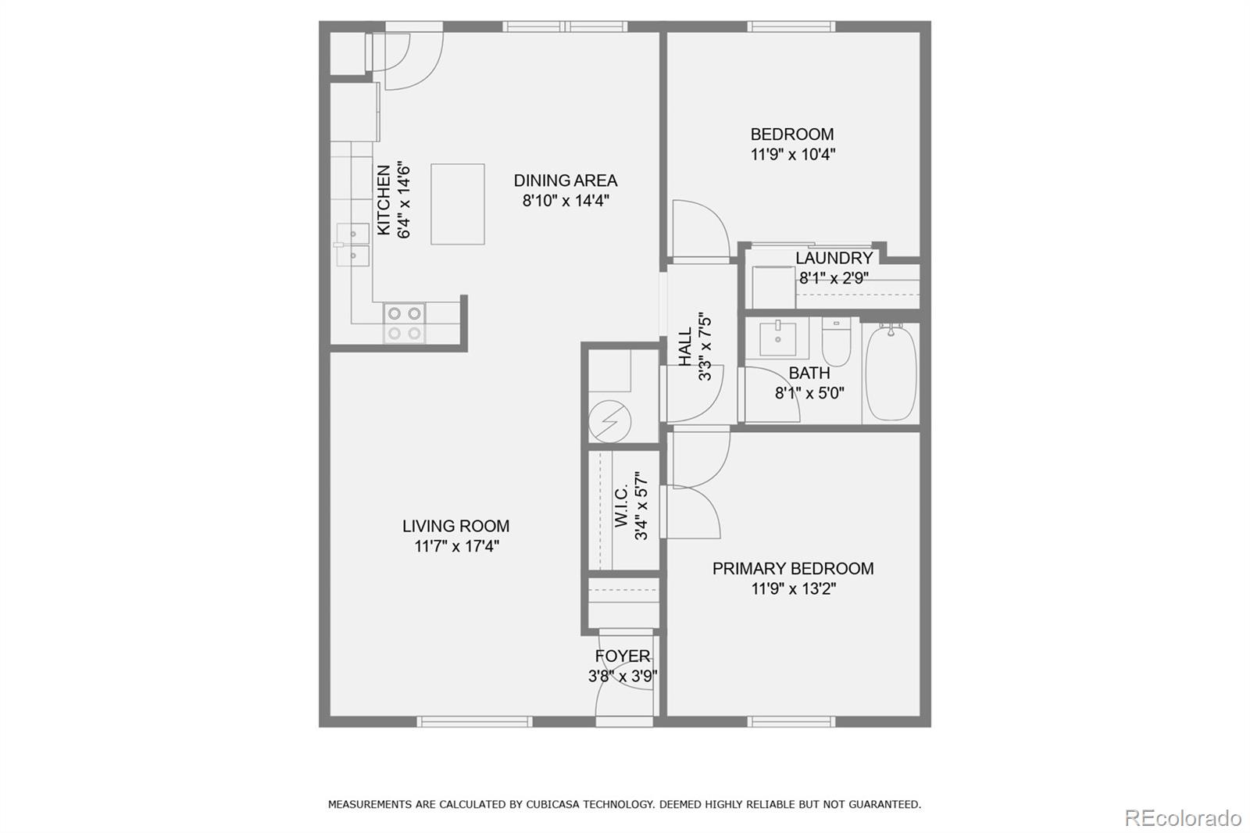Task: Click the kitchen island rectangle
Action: coord(458,204)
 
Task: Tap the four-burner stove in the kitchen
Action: coord(404,324)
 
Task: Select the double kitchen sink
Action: coord(352,245)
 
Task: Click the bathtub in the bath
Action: coord(891,373)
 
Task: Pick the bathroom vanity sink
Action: coord(778,338)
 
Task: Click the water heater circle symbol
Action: coord(610,421)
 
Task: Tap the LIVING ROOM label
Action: coord(456,526)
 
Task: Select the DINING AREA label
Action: coord(566,181)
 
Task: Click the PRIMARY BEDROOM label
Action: coord(793,568)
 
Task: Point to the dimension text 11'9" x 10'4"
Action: coord(792,154)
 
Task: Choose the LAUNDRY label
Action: coord(834,258)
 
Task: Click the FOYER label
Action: coord(622,656)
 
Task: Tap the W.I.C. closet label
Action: coord(622,506)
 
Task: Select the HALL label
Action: coord(684,347)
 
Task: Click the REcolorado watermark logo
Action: coord(1183,818)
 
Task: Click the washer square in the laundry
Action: coord(773,288)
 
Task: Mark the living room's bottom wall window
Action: coord(474,722)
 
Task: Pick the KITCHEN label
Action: coord(384,200)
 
